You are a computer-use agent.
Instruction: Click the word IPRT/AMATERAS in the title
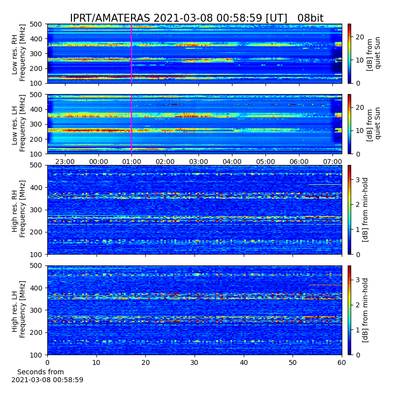tap(110, 18)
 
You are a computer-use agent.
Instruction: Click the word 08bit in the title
tap(310, 18)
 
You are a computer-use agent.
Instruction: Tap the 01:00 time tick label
tap(131, 162)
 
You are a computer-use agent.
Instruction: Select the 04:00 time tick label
tap(232, 162)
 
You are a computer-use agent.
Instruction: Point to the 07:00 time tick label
tap(332, 162)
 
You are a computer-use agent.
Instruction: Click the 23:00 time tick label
tap(65, 162)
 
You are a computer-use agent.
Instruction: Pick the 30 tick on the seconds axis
tap(195, 362)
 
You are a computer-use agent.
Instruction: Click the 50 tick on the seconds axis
tap(293, 362)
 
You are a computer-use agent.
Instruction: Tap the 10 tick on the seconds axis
tap(96, 362)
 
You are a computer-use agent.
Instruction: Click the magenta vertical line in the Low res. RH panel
tap(131, 54)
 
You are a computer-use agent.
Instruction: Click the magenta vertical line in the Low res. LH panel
tap(131, 124)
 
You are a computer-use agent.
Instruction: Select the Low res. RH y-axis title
tap(18, 54)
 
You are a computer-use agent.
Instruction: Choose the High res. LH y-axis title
tap(18, 310)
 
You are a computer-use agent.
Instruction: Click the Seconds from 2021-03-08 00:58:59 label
tap(47, 376)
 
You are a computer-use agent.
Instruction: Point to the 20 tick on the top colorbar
tap(360, 37)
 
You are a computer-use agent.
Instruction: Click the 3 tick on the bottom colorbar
tap(358, 280)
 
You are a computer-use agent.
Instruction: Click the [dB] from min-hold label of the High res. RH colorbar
tap(365, 210)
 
